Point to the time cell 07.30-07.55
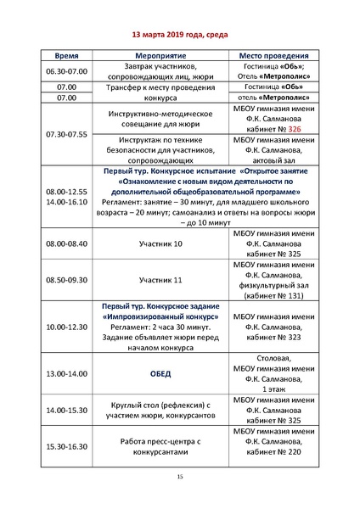[x=65, y=134]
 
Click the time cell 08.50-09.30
[x=65, y=279]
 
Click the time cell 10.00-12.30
[x=65, y=325]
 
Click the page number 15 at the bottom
[x=180, y=478]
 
